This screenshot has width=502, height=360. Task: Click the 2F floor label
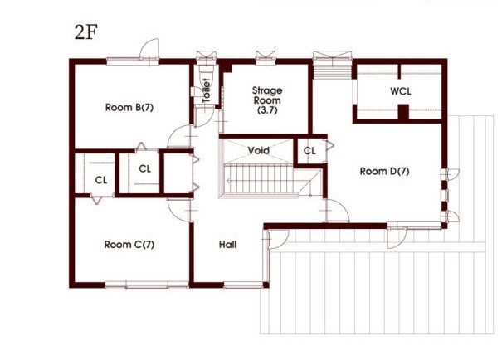(x=86, y=34)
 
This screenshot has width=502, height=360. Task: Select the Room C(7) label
(x=130, y=245)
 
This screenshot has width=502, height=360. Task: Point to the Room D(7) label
(x=384, y=172)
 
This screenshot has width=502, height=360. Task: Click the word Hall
(x=228, y=245)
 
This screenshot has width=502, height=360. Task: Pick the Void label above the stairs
(x=258, y=151)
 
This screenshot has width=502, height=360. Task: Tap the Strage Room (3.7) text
(x=267, y=100)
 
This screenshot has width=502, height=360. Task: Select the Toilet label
(x=206, y=90)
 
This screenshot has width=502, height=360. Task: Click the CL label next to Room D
(x=309, y=151)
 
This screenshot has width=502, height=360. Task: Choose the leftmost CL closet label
(x=100, y=179)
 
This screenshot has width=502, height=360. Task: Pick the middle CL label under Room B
(x=144, y=168)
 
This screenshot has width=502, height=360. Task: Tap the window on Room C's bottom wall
(x=136, y=285)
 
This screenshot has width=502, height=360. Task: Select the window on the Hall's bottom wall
(x=244, y=285)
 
